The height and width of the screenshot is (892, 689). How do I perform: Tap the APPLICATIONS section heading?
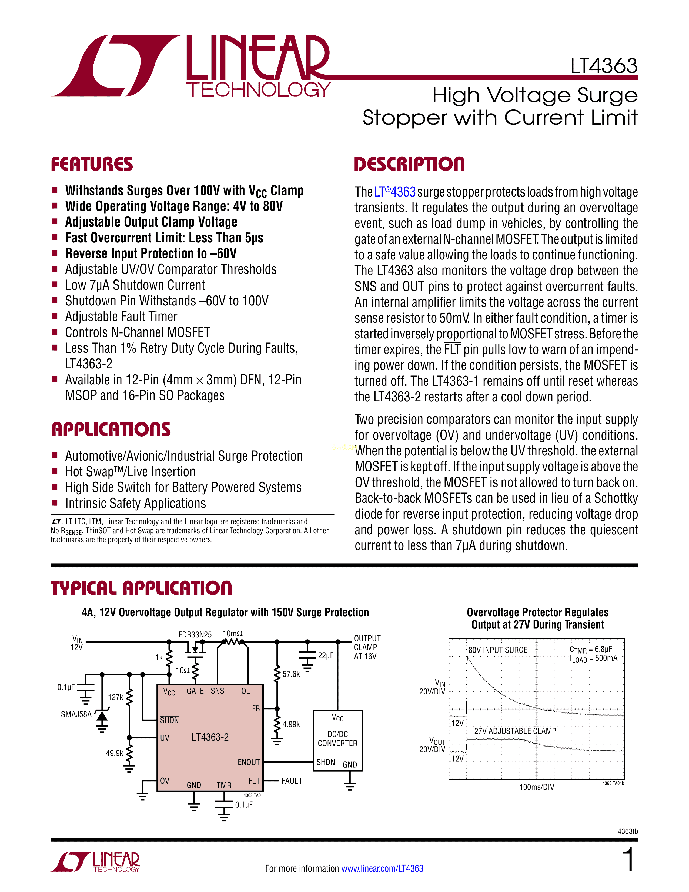coord(111,430)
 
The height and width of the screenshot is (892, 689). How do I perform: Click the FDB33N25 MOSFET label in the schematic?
coord(195,634)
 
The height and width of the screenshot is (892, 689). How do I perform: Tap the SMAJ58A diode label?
coord(76,714)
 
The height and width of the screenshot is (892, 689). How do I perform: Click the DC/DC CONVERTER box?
coord(337,740)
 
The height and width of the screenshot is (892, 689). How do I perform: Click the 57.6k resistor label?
coord(291,674)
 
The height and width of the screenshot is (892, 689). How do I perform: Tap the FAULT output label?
coord(292,781)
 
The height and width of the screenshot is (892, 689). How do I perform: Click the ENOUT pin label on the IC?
coord(249,762)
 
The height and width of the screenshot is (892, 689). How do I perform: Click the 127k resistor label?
coord(116,697)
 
